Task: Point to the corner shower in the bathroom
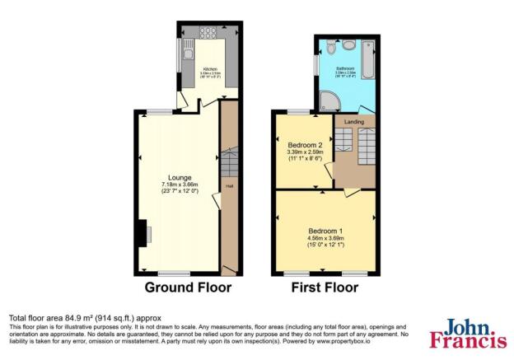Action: point(329,101)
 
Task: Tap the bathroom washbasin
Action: point(348,44)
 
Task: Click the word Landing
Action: point(353,123)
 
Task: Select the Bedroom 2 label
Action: point(304,144)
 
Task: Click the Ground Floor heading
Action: point(188,288)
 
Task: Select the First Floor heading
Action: point(325,288)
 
